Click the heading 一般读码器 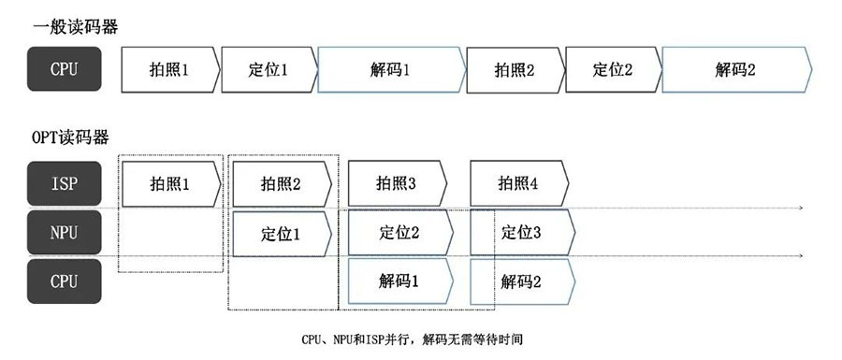click(x=75, y=27)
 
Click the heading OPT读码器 click(x=71, y=137)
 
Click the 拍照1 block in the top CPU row click(x=169, y=70)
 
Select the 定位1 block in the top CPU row click(x=269, y=70)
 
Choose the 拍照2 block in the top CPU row click(x=515, y=70)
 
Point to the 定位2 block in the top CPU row click(x=613, y=70)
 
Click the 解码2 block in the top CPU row click(x=735, y=70)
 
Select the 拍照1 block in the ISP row click(x=169, y=183)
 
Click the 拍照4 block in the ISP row click(x=517, y=183)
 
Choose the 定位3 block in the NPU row click(x=521, y=232)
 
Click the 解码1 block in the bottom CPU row click(x=399, y=281)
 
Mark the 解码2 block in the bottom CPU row click(x=521, y=281)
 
